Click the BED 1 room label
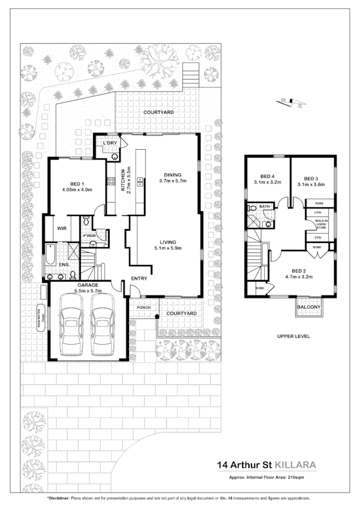[x=79, y=183]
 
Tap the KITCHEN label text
[x=123, y=181]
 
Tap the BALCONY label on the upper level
[x=309, y=307]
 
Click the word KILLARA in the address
[x=295, y=466]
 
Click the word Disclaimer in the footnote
[x=59, y=499]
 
